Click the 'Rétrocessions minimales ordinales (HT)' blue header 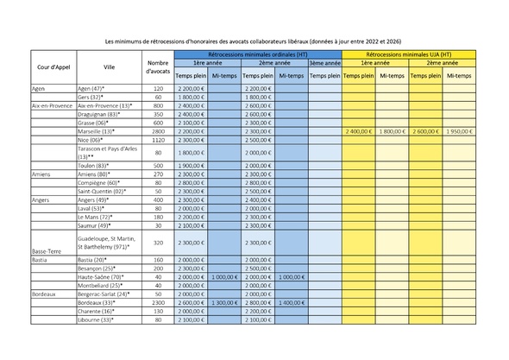[x=257, y=54]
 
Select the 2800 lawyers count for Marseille [x=157, y=130]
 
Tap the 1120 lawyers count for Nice [x=157, y=139]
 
